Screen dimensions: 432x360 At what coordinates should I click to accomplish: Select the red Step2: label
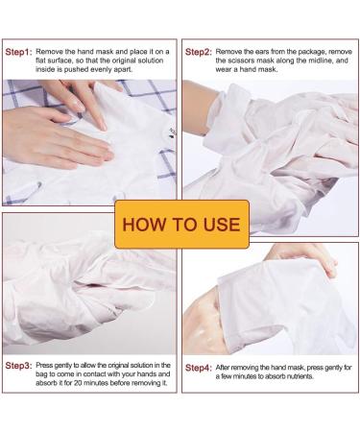[199, 51]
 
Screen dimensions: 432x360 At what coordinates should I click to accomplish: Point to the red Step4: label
[199, 366]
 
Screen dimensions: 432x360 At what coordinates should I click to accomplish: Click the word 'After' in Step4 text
[227, 366]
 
